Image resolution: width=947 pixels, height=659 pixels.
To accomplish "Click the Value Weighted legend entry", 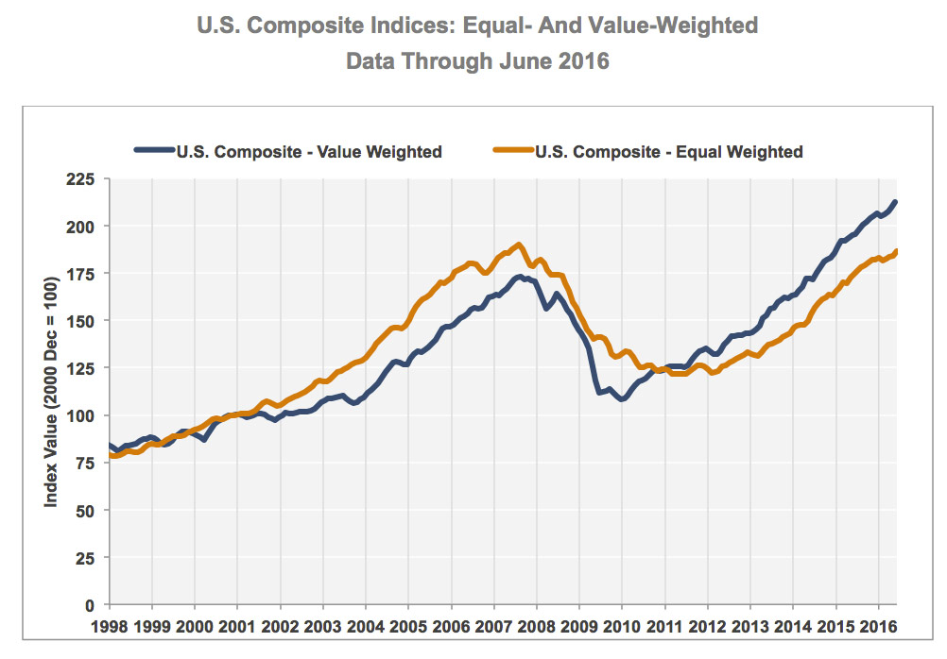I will tap(309, 151).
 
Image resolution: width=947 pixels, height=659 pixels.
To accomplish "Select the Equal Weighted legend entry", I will tap(668, 151).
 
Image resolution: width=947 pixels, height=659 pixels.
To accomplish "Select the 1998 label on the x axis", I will tap(110, 625).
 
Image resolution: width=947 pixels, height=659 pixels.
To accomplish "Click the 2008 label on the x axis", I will tap(536, 625).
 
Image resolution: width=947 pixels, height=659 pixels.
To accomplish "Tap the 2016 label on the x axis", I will tap(878, 625).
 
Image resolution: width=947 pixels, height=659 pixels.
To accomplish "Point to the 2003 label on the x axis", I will tap(323, 625).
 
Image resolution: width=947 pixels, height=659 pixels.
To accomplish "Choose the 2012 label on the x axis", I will tap(707, 625).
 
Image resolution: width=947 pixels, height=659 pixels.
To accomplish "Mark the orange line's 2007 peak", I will tap(519, 245).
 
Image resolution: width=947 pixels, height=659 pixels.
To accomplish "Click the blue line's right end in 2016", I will tap(894, 201).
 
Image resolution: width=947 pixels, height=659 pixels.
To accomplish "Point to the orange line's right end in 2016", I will tap(894, 251).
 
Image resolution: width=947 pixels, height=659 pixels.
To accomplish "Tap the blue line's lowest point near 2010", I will tap(622, 399).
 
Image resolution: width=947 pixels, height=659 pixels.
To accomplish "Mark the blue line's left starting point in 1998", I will tap(111, 446).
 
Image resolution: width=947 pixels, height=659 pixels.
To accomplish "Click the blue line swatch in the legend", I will tap(155, 151).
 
